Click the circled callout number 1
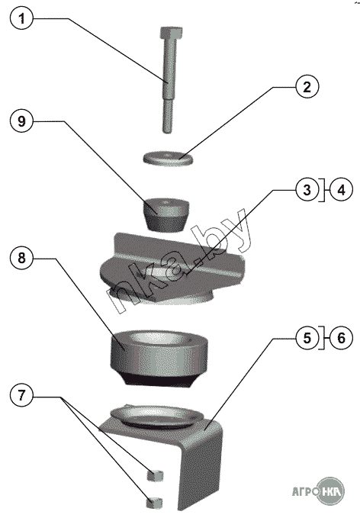click(21, 18)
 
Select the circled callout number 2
click(307, 87)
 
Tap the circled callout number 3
click(307, 190)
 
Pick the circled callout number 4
click(341, 190)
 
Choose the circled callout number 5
click(307, 338)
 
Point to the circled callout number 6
click(341, 338)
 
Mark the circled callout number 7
click(21, 396)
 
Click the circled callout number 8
click(21, 258)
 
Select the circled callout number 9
click(21, 121)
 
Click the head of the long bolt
click(171, 33)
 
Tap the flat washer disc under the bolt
click(169, 158)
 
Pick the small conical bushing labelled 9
click(166, 214)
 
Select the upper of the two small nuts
click(155, 475)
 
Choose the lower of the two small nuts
click(154, 503)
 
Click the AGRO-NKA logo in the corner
click(318, 490)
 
